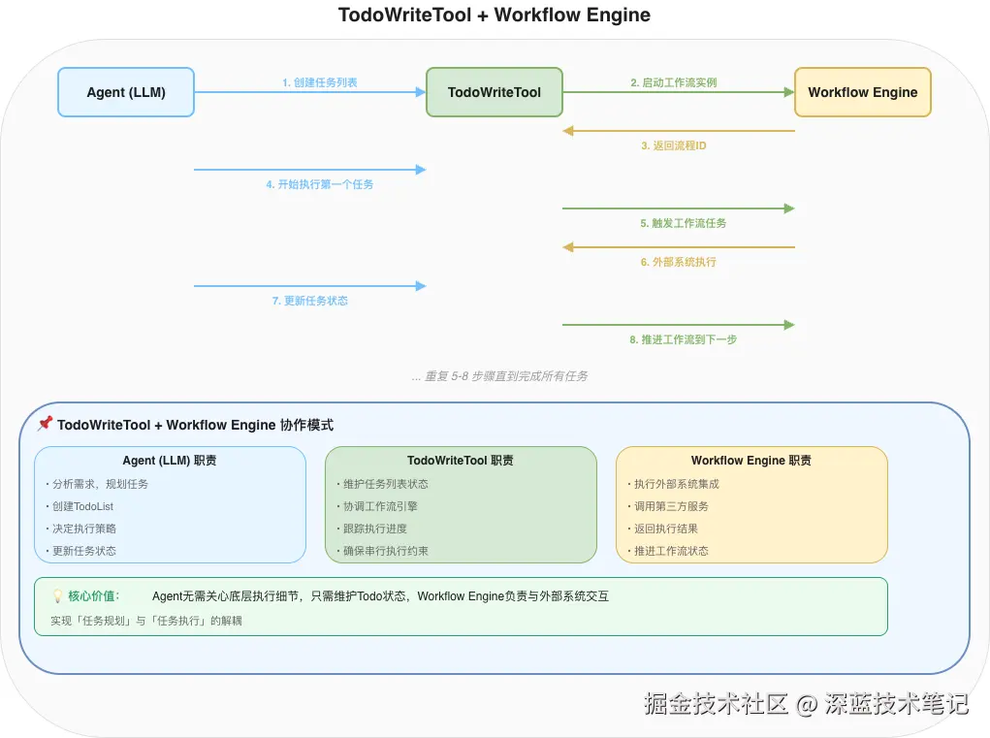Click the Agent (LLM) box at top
(126, 92)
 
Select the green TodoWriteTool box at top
(495, 92)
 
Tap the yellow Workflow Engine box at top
(862, 92)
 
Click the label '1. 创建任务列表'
(320, 82)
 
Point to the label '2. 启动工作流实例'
(674, 82)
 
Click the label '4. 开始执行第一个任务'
(320, 184)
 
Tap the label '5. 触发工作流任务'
(683, 223)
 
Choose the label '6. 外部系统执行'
(678, 262)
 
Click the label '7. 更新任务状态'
(310, 301)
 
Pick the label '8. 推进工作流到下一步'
(683, 339)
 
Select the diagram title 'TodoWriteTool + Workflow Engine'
(495, 15)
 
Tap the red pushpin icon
(45, 424)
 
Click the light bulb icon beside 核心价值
(57, 596)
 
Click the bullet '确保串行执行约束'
(385, 551)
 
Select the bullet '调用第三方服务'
(670, 506)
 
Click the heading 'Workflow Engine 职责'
(751, 461)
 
